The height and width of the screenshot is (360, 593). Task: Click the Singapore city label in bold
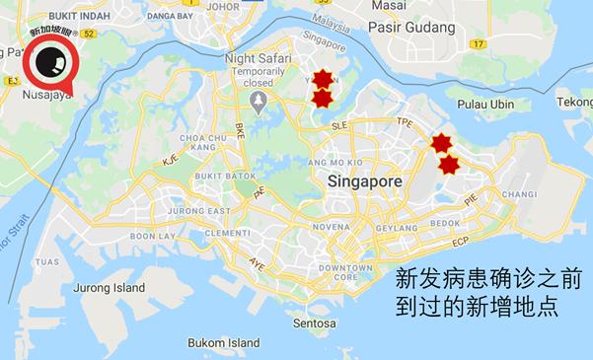tap(365, 182)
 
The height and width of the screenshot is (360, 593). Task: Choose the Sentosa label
tap(313, 323)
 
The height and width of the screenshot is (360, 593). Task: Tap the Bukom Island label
tap(224, 343)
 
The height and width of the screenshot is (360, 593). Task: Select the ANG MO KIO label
tap(338, 162)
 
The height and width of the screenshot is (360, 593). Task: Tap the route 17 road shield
tap(480, 44)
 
